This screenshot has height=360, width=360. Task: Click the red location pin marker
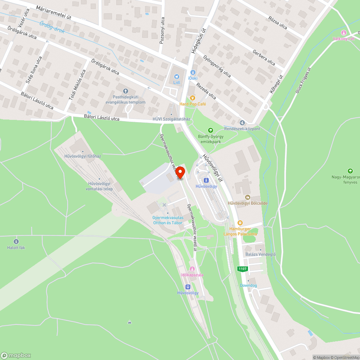[x=180, y=172]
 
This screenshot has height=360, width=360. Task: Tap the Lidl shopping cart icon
[x=176, y=76]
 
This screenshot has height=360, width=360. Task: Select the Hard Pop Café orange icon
[x=193, y=98]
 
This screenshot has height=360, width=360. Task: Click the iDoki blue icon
[x=193, y=72]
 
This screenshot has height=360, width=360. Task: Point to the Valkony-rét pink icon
[x=343, y=33]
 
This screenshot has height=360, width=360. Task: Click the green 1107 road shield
[x=242, y=269]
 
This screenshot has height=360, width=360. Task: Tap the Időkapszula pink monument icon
[x=192, y=269]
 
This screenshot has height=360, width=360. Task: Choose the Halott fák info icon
[x=16, y=241]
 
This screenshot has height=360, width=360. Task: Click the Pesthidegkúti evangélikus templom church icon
[x=125, y=91]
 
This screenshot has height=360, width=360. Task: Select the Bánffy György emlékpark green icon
[x=211, y=130]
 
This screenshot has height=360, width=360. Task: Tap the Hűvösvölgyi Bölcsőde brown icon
[x=248, y=197]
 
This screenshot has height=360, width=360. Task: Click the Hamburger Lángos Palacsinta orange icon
[x=240, y=223]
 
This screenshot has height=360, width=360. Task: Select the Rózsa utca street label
[x=278, y=23]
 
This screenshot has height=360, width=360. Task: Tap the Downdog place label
[x=249, y=285]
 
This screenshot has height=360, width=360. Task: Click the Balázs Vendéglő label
[x=260, y=255]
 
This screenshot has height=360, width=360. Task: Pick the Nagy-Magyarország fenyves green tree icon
[x=350, y=171]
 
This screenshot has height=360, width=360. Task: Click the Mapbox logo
[x=16, y=355]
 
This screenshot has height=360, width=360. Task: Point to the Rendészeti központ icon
[x=242, y=123]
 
